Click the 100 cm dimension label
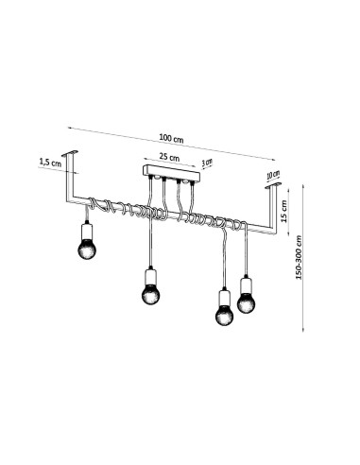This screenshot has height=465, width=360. (x=171, y=139)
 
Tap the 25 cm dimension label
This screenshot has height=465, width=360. (x=169, y=157)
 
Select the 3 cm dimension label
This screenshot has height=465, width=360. (x=207, y=163)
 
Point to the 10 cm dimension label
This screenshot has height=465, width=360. (x=273, y=175)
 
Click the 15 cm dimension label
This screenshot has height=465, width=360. (x=284, y=211)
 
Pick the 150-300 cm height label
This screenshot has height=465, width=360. (x=299, y=257)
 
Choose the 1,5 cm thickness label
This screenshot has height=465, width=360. (x=50, y=163)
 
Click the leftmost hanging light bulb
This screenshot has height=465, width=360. (x=87, y=249)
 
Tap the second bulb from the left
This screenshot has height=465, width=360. (x=150, y=294)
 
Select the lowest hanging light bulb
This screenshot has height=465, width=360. (x=225, y=315)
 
